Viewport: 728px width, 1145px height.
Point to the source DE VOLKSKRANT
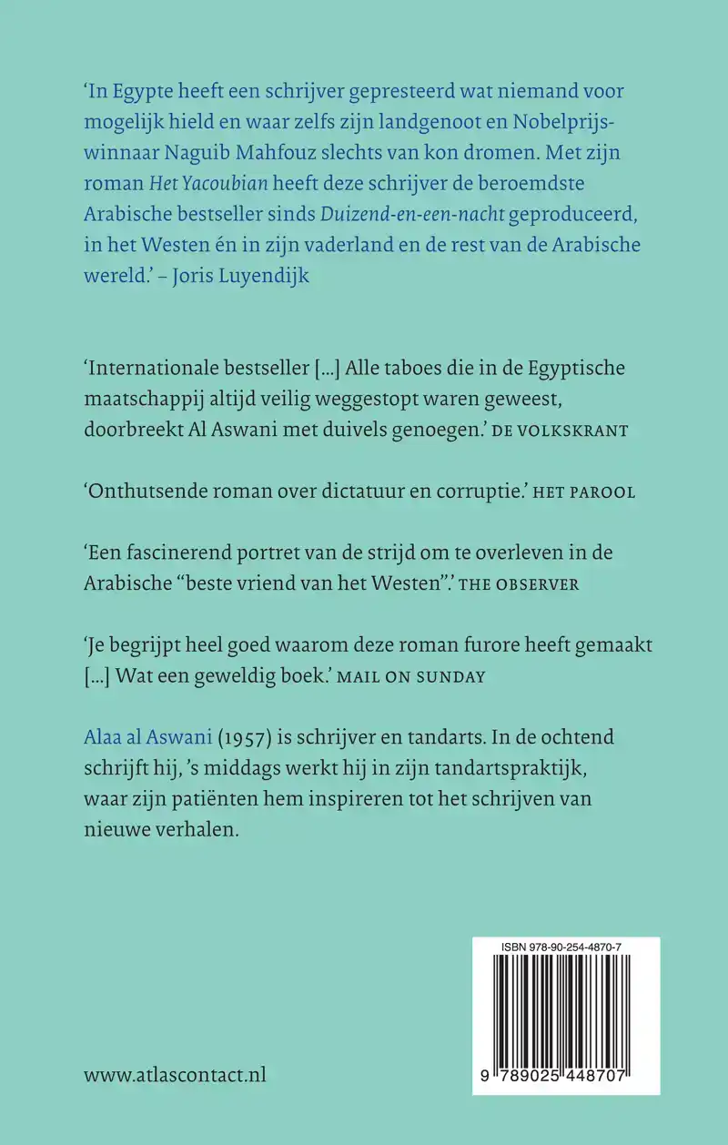pyautogui.click(x=559, y=431)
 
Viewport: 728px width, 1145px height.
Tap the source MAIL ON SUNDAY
pyautogui.click(x=428, y=677)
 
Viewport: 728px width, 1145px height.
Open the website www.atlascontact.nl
pyautogui.click(x=175, y=1075)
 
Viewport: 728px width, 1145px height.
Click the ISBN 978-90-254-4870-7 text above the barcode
pyautogui.click(x=567, y=947)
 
